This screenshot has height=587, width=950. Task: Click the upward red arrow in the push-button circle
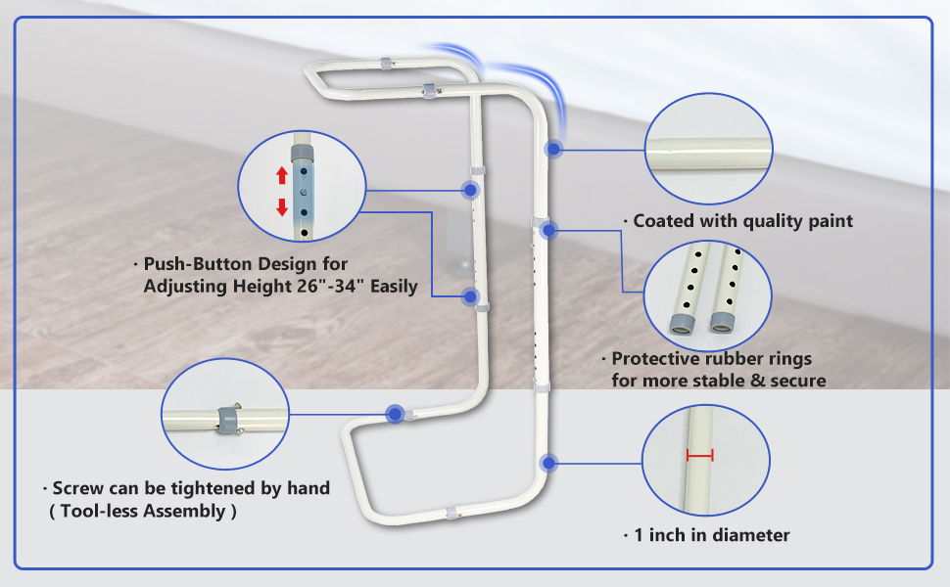(282, 176)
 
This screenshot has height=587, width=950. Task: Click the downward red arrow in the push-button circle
(282, 206)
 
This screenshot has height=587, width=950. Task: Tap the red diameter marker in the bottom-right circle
(700, 455)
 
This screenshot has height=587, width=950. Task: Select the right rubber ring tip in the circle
(722, 322)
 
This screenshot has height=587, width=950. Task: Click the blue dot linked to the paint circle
(555, 149)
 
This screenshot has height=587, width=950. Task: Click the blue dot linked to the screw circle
(395, 414)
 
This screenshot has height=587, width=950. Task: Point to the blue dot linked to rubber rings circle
(548, 231)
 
